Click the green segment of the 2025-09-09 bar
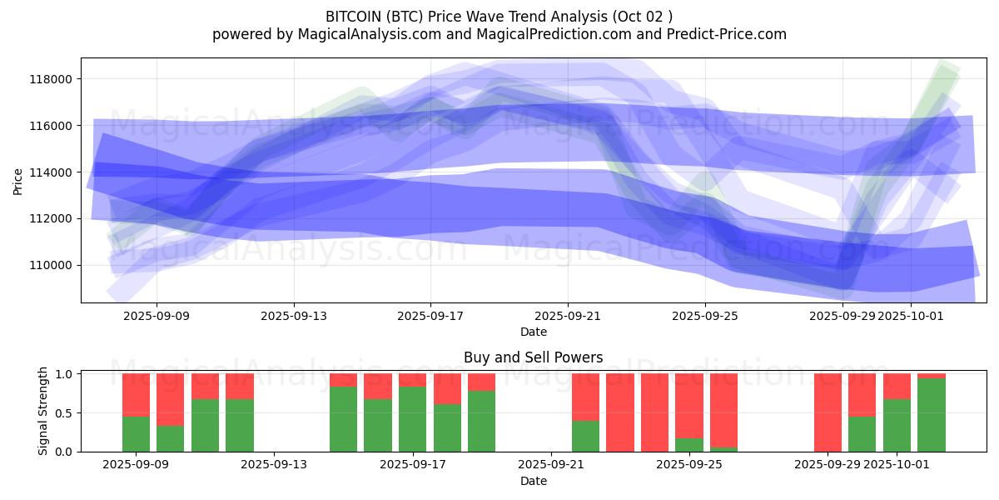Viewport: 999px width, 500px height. click(136, 433)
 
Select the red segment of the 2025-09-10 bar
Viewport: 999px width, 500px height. click(171, 399)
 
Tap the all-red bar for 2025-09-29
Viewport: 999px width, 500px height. click(828, 412)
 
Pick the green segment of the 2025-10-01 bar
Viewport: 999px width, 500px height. click(897, 425)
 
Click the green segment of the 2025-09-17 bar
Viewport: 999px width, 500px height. click(412, 418)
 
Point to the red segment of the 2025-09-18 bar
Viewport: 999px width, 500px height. click(447, 388)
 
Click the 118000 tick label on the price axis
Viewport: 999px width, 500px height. click(51, 79)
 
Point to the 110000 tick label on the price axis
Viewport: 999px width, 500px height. click(51, 265)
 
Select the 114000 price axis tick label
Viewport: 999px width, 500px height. click(51, 172)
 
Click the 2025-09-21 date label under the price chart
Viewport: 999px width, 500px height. click(567, 316)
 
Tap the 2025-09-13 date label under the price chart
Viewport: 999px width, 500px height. click(294, 316)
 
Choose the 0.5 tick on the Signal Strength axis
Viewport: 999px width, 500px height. click(65, 413)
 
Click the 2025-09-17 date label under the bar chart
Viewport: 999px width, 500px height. click(413, 465)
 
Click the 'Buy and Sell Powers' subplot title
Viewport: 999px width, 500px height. click(533, 357)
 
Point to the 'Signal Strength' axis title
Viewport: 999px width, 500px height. click(43, 412)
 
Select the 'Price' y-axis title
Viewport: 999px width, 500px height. click(18, 181)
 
